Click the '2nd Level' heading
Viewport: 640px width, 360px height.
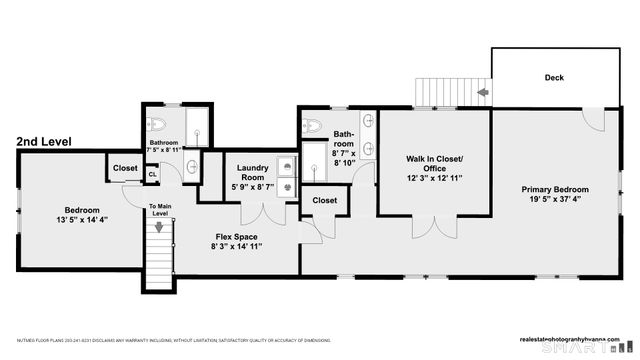[x=44, y=143]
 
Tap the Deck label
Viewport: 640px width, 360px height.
[x=554, y=77]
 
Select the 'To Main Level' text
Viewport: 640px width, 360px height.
[x=160, y=212]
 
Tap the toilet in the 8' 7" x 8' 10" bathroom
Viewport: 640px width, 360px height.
[x=311, y=127]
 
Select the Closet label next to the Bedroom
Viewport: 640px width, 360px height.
[x=125, y=168]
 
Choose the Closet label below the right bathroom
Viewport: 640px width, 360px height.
[x=324, y=200]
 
